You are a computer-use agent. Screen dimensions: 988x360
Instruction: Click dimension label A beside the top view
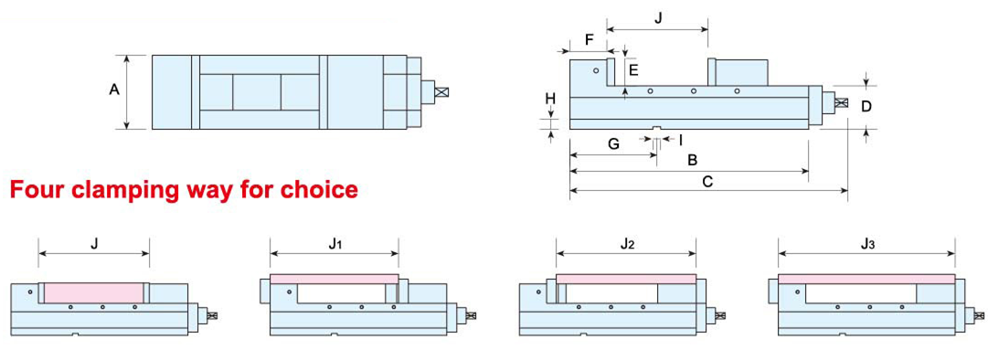coord(114,90)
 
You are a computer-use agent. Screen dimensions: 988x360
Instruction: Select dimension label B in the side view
coord(692,161)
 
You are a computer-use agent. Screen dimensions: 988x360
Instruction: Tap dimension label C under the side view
coord(707,182)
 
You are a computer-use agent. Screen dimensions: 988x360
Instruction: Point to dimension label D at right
coord(866,106)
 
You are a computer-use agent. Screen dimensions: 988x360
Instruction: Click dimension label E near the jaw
coord(634,70)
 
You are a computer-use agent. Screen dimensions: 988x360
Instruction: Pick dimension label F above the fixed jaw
coord(590,39)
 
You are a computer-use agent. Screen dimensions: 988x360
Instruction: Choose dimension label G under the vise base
coord(613,143)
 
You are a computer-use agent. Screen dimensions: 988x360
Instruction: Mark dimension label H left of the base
coord(551,99)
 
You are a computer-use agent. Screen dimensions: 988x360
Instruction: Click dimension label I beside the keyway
coord(681,140)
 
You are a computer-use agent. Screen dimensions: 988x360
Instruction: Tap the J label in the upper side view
coord(658,18)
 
